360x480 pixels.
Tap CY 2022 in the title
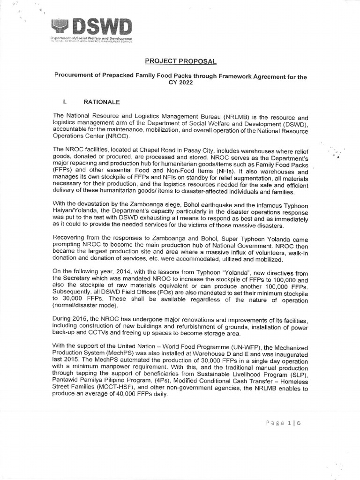180,84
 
